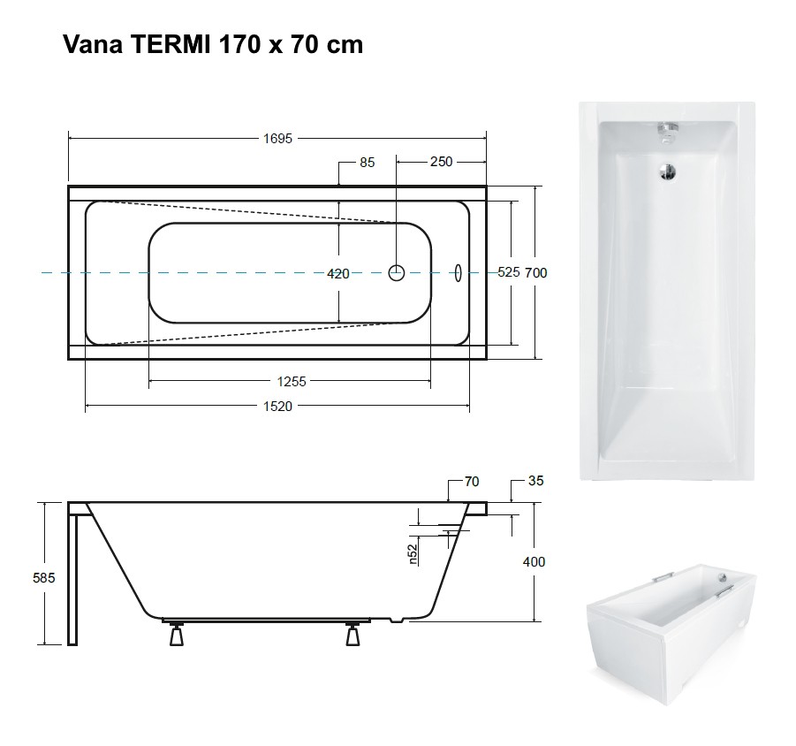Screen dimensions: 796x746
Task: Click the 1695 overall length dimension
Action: coord(277,139)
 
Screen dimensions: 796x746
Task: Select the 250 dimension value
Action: coord(441,162)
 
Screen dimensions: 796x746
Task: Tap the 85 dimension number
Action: coord(367,163)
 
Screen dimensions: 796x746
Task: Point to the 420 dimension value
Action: coord(338,274)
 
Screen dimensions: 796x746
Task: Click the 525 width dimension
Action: coord(509,272)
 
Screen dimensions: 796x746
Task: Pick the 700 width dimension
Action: coord(535,273)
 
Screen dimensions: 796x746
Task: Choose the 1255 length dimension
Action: coord(292,381)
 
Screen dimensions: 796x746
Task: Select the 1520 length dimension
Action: coord(277,407)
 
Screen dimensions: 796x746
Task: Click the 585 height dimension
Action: coord(43,577)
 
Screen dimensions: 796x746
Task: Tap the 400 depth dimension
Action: coord(534,561)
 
